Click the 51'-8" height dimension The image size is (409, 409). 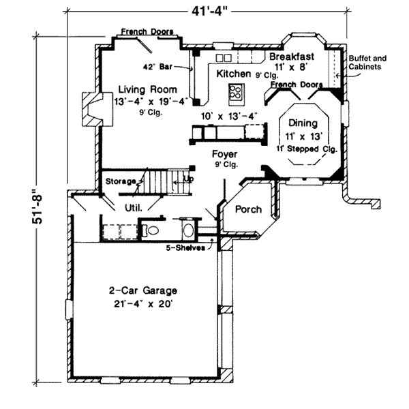[x=37, y=206]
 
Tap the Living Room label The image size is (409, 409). [x=148, y=89]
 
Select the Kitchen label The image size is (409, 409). [x=233, y=74]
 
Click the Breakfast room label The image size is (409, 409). [x=292, y=57]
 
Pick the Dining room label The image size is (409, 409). [x=303, y=123]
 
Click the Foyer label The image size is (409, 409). [x=224, y=154]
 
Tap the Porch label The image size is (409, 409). [x=248, y=209]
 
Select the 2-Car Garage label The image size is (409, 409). [x=143, y=290]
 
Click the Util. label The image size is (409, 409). [x=134, y=208]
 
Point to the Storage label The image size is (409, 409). [x=121, y=181]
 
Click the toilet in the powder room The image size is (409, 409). [x=151, y=230]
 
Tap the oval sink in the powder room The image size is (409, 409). [x=189, y=230]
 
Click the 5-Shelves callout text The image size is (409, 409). [x=185, y=247]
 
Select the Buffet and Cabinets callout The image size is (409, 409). [x=367, y=62]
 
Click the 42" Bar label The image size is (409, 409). [x=157, y=67]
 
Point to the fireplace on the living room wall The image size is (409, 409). [x=97, y=109]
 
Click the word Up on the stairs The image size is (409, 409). [x=188, y=179]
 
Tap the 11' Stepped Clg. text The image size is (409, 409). [x=307, y=149]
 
